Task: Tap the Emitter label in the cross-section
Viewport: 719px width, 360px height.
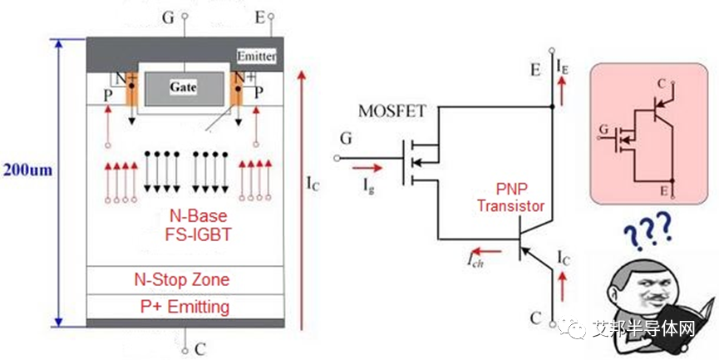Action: (256, 57)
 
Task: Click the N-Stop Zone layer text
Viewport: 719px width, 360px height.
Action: (182, 279)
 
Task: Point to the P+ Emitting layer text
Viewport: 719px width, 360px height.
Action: (182, 307)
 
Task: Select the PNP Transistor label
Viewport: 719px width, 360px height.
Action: (511, 198)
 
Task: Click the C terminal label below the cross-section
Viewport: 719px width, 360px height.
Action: (199, 349)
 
